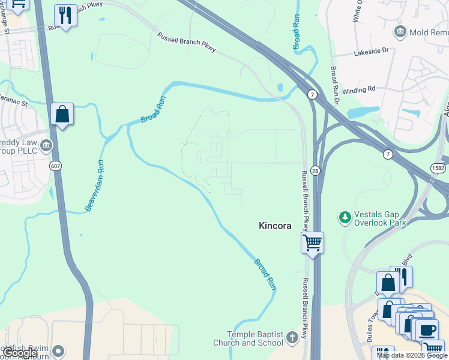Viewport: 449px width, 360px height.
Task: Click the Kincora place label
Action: pos(274,226)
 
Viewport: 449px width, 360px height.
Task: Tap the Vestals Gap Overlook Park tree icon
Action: pos(345,216)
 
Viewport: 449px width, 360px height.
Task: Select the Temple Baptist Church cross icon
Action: pos(292,337)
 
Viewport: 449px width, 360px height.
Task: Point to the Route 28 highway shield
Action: pos(316,171)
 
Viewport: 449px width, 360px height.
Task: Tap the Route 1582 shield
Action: pos(438,169)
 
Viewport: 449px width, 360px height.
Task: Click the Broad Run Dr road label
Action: pos(335,84)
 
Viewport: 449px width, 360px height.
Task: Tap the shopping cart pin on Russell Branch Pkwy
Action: pos(312,243)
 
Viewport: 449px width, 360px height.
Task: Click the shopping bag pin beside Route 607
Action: pos(62,113)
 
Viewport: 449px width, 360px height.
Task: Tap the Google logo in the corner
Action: pos(20,353)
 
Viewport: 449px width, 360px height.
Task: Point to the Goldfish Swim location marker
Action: pos(58,351)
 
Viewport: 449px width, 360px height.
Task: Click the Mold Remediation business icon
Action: pos(400,31)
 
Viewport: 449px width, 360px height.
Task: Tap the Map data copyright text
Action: pos(412,355)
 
